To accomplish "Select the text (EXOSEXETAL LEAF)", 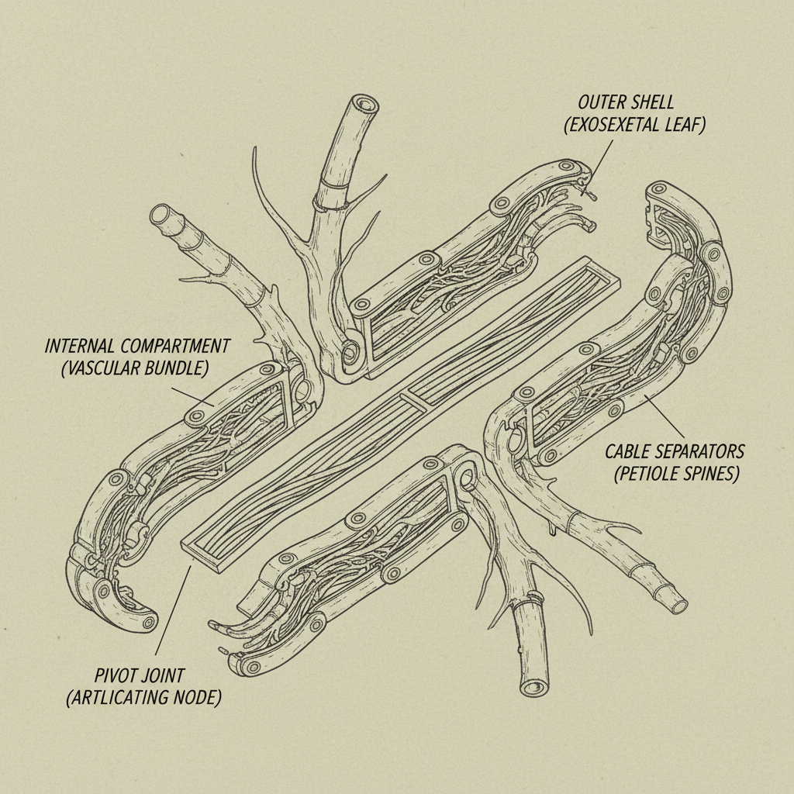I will tap(634, 125).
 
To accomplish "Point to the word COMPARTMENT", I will tap(179, 345).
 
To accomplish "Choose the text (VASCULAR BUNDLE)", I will tap(133, 368).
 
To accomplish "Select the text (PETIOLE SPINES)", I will tap(676, 474).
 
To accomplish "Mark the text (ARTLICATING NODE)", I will tap(143, 697).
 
